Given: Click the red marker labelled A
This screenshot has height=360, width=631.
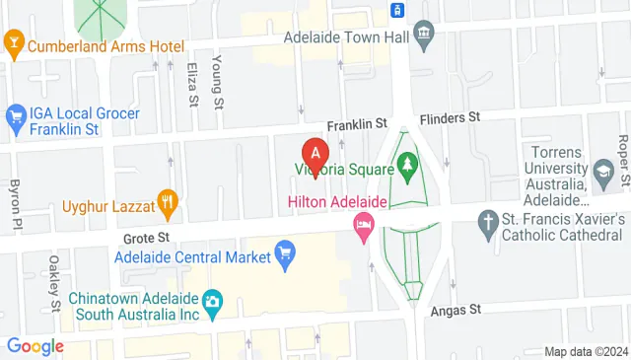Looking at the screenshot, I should pos(315,155).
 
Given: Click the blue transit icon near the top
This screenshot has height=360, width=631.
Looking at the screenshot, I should pos(396,10).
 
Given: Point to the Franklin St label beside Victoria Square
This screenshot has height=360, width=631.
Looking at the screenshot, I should pos(355,124).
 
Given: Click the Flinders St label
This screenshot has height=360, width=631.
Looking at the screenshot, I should pos(449,117).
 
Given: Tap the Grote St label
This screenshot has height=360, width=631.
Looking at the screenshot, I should pos(149,238).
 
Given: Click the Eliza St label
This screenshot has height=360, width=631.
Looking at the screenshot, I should pos(191,86).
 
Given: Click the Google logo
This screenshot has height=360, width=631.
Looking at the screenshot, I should pos(35,346).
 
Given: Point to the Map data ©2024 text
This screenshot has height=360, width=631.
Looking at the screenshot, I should pos(586,351).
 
